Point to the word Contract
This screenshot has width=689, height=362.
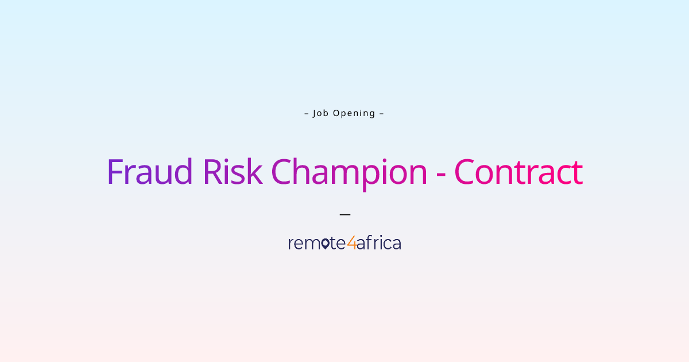coord(518,171)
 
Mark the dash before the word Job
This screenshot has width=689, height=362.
coord(307,114)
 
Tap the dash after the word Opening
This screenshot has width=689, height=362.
coord(381,114)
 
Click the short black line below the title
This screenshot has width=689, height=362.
coord(344,214)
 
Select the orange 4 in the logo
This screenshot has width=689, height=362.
coord(351,244)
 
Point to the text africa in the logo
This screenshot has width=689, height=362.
coord(379,243)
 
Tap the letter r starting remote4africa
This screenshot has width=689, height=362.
coord(291,244)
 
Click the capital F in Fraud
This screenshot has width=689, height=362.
coord(114,171)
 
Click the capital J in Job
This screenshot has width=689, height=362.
coord(314,113)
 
